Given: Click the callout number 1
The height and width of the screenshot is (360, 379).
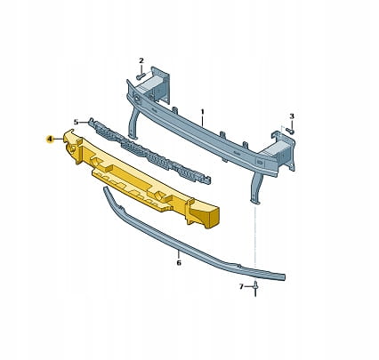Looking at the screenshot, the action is (203, 112).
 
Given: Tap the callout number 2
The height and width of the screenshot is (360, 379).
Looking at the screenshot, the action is (141, 60).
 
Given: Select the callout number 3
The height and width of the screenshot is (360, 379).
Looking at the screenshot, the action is (292, 116).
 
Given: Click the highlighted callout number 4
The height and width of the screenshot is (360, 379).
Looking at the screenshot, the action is (50, 139).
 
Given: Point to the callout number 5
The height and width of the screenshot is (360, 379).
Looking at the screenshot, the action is (76, 122).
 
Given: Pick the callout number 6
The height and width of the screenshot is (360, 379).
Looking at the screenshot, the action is (179, 262).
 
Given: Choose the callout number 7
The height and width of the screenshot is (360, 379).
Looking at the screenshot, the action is (241, 286).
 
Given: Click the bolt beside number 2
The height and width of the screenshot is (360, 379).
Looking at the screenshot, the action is (140, 76).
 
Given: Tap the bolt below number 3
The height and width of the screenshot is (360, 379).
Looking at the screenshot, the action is (291, 131).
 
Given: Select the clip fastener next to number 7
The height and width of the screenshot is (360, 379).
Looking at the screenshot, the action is (255, 289).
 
